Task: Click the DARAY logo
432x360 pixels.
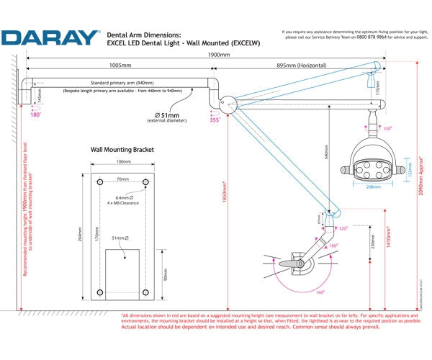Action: tap(50, 37)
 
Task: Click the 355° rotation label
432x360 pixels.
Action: tap(214, 121)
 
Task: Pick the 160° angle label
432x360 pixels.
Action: tap(318, 292)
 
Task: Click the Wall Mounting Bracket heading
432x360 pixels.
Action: tap(122, 150)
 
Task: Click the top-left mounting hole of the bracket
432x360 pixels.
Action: tap(99, 182)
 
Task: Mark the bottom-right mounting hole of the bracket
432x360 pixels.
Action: tap(145, 292)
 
